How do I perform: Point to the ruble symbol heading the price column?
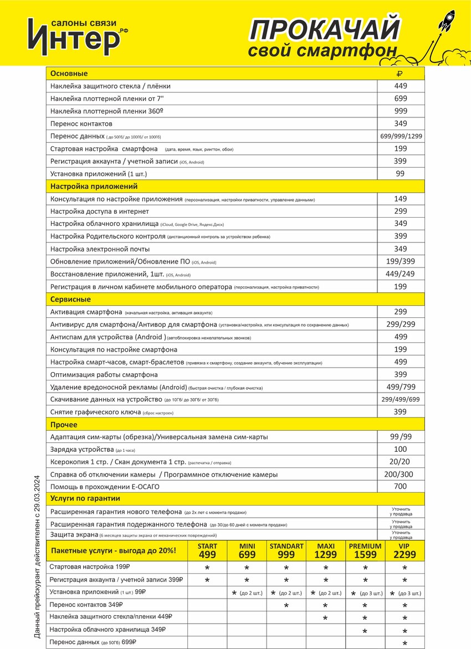[x=400, y=74]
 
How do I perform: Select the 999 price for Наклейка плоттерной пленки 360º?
[x=401, y=111]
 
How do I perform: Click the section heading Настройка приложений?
[x=94, y=187]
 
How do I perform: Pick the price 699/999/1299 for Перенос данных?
[x=401, y=136]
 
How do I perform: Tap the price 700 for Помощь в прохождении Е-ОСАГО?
[x=400, y=487]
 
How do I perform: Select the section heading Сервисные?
[x=70, y=300]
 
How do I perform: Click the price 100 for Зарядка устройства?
[x=400, y=449]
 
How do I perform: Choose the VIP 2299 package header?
[x=405, y=550]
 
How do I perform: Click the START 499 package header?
[x=207, y=550]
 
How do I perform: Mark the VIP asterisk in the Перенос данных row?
[x=405, y=643]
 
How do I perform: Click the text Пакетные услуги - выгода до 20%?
[x=114, y=550]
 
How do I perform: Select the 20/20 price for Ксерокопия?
[x=400, y=462]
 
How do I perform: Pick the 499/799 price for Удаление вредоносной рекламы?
[x=401, y=387]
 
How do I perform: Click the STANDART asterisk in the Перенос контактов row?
[x=286, y=606]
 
